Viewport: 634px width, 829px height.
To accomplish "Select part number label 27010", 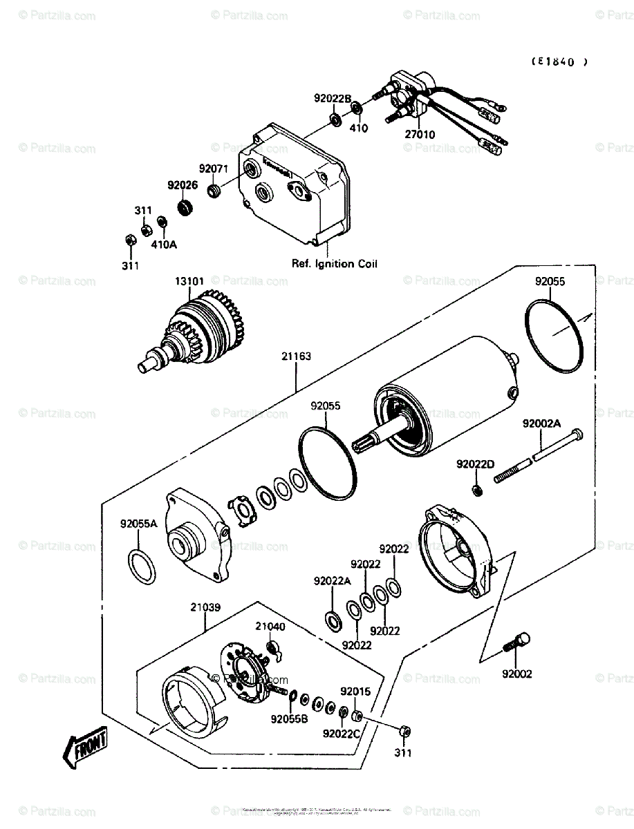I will (420, 135).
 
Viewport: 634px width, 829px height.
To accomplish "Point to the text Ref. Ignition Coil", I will (333, 263).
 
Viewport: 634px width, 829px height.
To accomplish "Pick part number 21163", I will (296, 356).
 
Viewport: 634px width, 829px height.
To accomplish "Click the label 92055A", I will (139, 524).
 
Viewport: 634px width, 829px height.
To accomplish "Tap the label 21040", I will (270, 627).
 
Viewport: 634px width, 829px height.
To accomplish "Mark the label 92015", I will (355, 690).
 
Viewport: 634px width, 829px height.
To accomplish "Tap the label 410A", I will (165, 244).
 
